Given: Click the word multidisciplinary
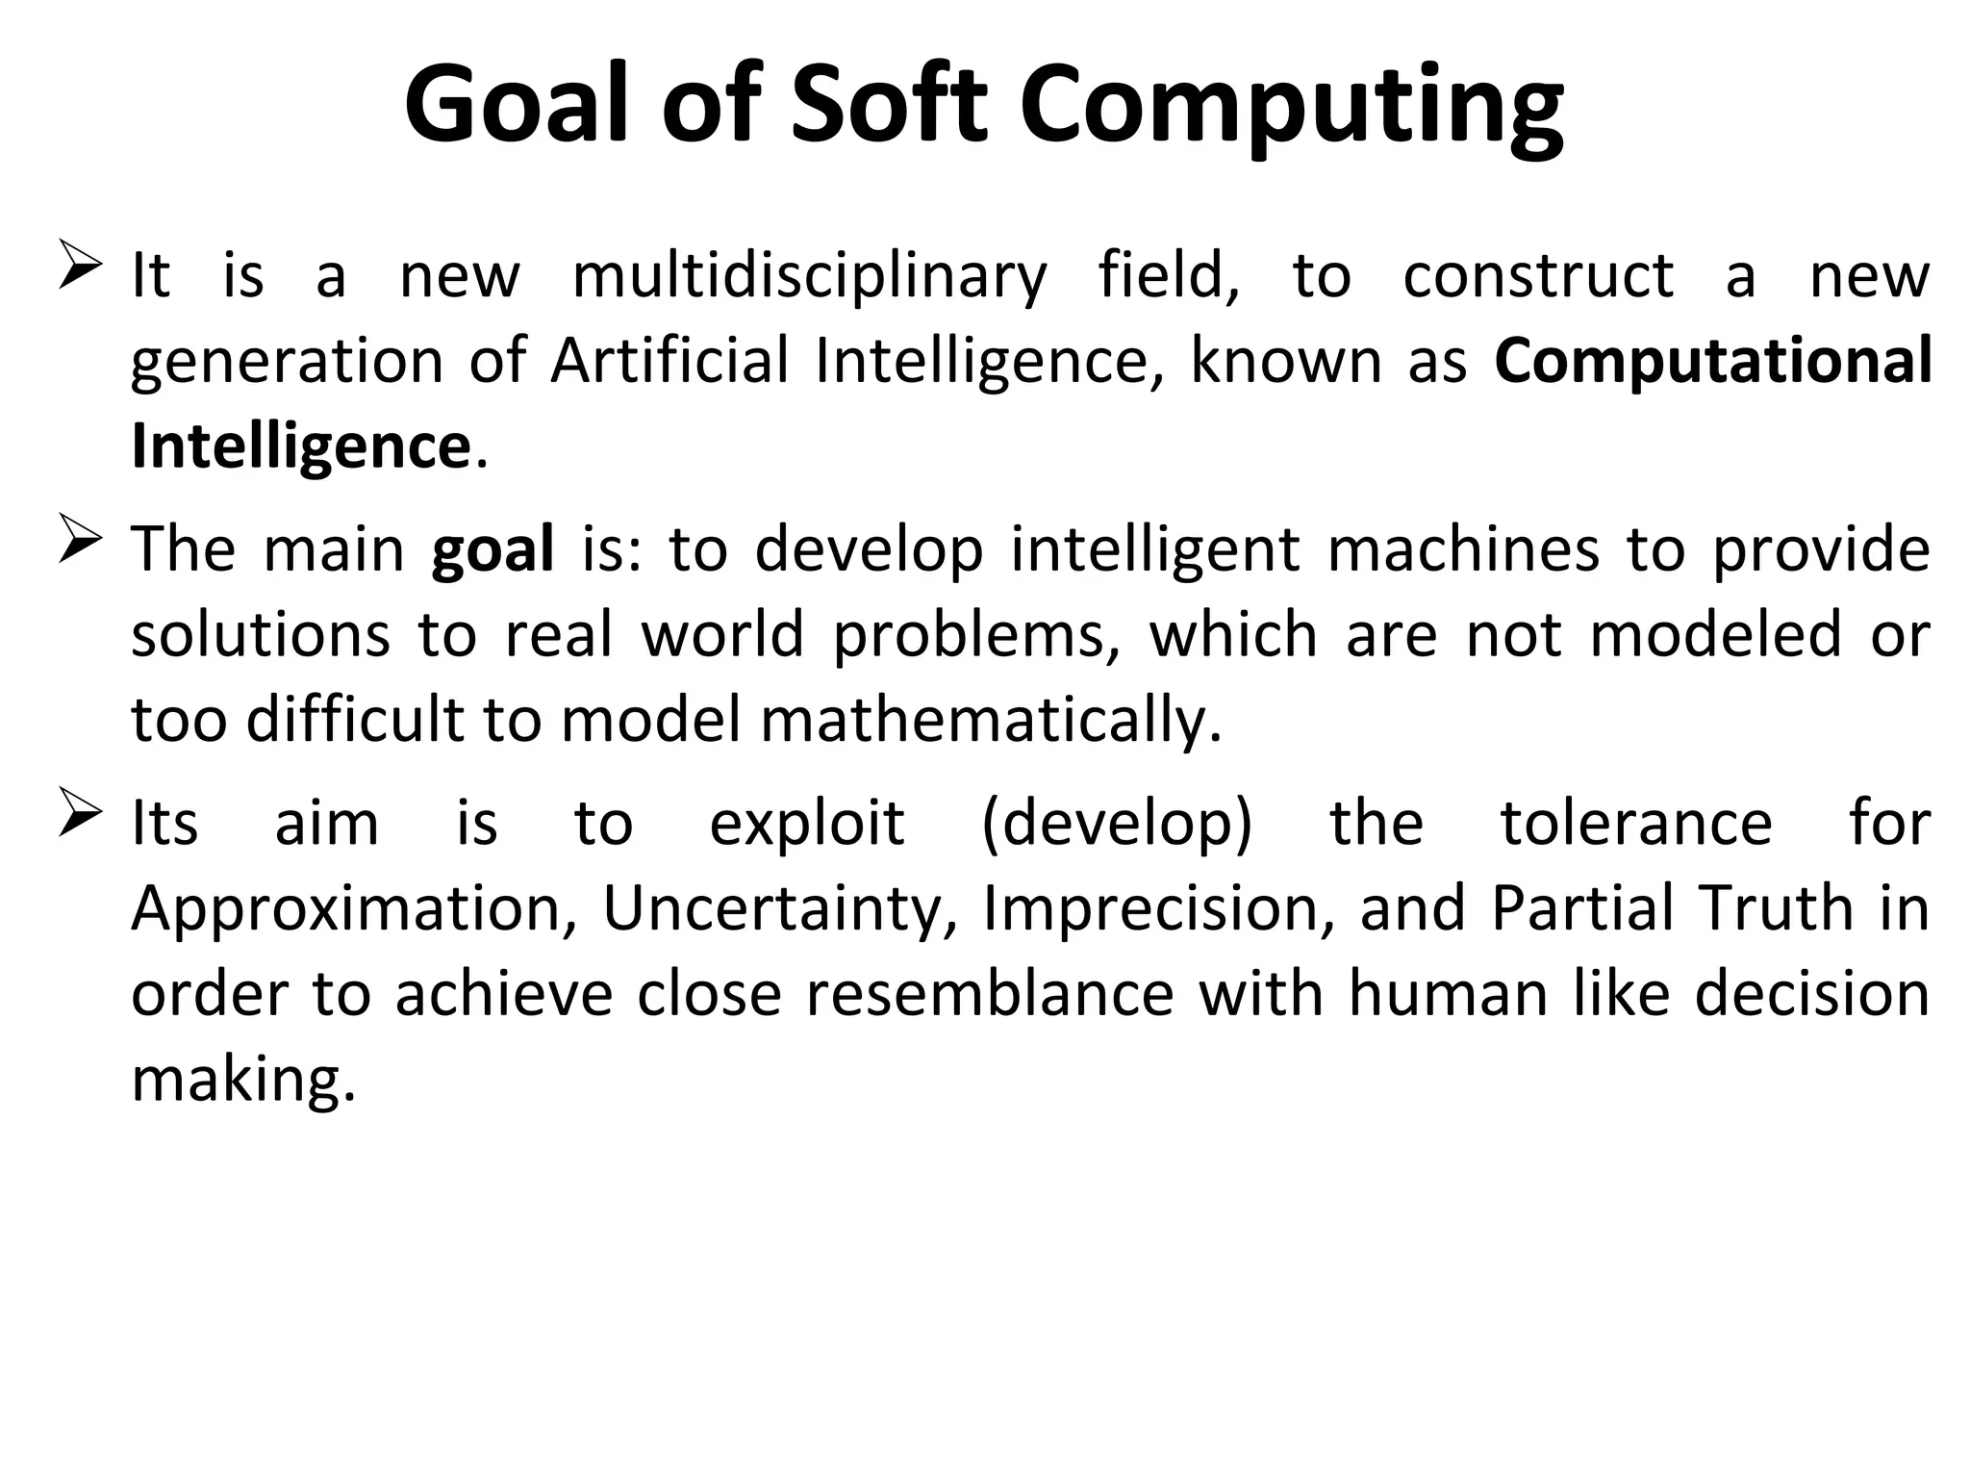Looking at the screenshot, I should pyautogui.click(x=809, y=277).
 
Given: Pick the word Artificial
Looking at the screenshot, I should pyautogui.click(x=669, y=361).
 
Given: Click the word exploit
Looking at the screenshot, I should pyautogui.click(x=807, y=826).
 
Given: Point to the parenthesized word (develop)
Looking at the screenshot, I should pyautogui.click(x=1118, y=826).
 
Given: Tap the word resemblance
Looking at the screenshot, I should pyautogui.click(x=990, y=994).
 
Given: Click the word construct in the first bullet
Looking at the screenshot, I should pyautogui.click(x=1538, y=276).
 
